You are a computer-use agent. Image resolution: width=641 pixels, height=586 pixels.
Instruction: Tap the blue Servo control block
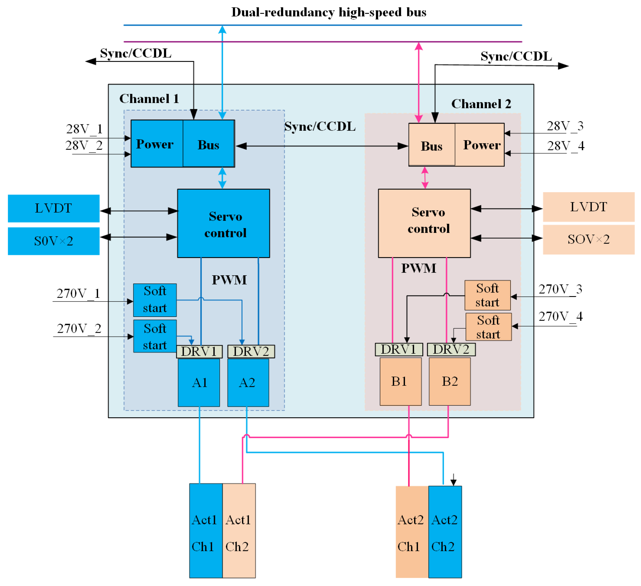coord(224,223)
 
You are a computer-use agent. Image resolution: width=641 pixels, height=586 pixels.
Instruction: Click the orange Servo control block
coord(424,223)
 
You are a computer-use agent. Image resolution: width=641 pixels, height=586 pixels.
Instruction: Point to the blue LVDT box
coord(53,208)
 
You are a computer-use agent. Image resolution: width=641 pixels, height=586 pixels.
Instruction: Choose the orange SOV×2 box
coord(589,239)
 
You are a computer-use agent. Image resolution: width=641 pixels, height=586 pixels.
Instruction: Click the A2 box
coord(248,382)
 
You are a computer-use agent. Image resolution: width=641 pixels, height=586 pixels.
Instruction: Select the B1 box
coord(400,381)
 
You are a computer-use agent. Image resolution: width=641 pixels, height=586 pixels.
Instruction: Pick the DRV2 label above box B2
coord(451,349)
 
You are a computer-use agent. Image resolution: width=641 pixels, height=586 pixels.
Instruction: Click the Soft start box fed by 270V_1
coord(155,300)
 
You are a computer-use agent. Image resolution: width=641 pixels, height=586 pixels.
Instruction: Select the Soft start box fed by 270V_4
coord(488,327)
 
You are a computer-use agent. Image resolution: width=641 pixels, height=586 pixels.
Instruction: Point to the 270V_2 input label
coord(79,328)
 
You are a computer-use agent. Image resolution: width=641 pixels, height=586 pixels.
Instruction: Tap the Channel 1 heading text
coord(149,99)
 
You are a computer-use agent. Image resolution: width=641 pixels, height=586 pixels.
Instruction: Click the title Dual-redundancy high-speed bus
coord(328,12)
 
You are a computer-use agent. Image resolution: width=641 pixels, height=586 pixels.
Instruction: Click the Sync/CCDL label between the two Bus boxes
coord(320,126)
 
